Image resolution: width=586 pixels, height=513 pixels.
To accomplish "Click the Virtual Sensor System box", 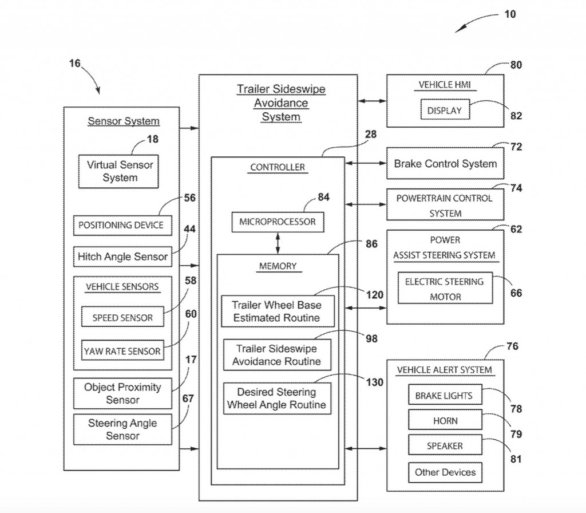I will coord(120,171).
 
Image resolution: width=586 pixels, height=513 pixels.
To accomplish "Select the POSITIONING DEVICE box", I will coord(120,225).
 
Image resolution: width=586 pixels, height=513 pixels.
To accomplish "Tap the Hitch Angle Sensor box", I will coord(122,256).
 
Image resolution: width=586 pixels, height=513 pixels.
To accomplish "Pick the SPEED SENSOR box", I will coord(122,318).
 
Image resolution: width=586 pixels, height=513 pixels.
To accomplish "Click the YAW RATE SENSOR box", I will coord(122,351).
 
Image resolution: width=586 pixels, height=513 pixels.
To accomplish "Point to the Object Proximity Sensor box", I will coord(122,393).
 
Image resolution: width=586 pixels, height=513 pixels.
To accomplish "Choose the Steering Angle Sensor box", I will coord(122,429).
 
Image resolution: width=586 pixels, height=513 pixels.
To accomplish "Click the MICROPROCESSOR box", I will coord(278,222).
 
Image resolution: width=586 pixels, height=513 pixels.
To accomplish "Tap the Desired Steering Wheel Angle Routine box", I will coord(276,398).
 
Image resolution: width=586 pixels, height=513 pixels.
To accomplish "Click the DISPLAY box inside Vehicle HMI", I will coord(445,110).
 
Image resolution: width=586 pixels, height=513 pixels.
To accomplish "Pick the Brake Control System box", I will coord(445,164).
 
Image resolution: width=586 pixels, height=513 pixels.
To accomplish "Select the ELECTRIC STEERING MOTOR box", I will coord(445,289).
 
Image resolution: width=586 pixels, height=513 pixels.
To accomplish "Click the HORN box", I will coord(445,421).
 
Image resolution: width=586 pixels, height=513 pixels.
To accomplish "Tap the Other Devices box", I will coord(445,472).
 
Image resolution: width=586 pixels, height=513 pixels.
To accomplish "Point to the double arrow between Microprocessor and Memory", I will coord(278,243).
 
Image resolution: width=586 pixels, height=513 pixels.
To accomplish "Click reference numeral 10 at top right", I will coord(509,14).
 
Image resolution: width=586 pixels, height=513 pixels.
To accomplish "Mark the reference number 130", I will coord(374,382).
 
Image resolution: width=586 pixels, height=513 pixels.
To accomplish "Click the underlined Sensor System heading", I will coord(123,121).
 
